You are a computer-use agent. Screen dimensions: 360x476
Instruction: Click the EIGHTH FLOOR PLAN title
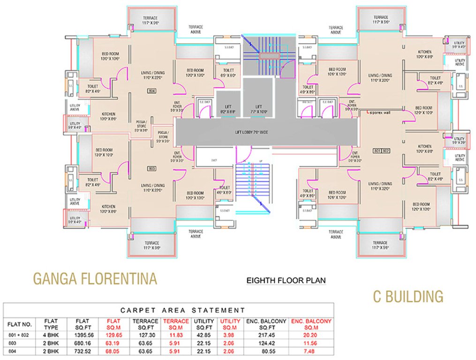286,281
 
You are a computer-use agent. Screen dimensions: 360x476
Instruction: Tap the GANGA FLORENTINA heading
95,279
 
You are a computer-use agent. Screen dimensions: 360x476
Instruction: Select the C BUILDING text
408,296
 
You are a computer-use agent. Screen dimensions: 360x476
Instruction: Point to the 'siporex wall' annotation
380,112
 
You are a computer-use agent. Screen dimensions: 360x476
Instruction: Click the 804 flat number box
151,90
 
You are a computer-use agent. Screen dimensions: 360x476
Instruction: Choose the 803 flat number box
151,168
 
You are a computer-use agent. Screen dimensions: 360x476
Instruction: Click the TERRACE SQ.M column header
176,323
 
